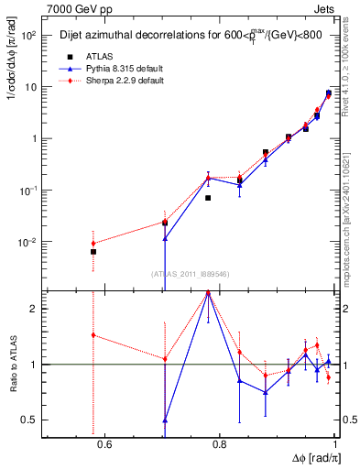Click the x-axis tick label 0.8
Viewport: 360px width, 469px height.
pos(219,445)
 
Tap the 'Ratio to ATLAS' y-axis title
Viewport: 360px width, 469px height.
pos(13,364)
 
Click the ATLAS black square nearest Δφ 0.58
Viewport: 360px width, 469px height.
pos(93,251)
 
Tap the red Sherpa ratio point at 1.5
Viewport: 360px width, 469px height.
pos(93,335)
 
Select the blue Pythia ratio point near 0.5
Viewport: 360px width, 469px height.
pos(165,420)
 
